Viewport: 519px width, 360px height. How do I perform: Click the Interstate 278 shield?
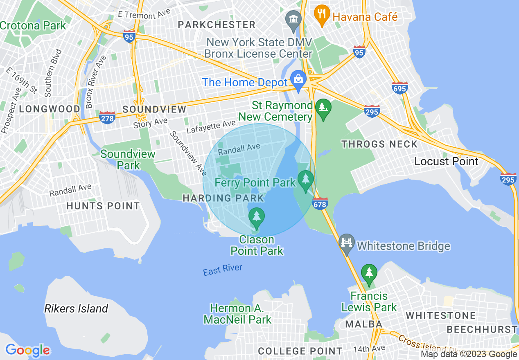click(107, 117)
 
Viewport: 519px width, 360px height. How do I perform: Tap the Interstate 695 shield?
click(399, 88)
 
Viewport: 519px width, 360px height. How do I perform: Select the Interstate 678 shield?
click(320, 203)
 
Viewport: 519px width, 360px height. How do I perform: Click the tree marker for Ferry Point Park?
click(305, 180)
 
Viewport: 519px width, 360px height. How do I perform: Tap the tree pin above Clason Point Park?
click(257, 217)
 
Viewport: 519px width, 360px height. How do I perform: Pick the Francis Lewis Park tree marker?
click(369, 273)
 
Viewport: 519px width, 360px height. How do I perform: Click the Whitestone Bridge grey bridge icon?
click(347, 245)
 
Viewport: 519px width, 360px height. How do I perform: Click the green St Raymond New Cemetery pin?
click(323, 108)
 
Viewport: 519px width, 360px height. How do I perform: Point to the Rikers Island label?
click(76, 308)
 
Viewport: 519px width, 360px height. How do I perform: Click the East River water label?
click(223, 270)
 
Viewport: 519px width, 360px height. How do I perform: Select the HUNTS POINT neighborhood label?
click(103, 206)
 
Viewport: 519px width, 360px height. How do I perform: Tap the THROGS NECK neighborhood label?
click(379, 144)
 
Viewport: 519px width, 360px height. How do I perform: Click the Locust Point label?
click(446, 161)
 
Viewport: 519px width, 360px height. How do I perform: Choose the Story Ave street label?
click(150, 123)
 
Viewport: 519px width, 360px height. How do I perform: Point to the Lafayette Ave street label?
click(211, 127)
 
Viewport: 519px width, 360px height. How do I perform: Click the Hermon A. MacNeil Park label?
click(237, 314)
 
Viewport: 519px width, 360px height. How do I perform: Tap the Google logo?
click(28, 350)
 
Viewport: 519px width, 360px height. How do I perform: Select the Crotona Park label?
click(33, 25)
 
